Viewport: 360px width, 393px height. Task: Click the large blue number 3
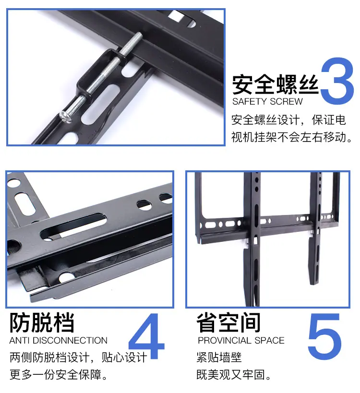click(x=337, y=81)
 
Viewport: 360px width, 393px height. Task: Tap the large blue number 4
click(x=146, y=336)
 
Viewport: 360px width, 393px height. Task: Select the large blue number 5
click(x=324, y=336)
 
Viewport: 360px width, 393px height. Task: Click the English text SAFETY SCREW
click(x=267, y=102)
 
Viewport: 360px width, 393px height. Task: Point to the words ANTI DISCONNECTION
click(x=59, y=340)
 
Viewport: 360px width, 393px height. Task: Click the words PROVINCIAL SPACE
click(x=241, y=340)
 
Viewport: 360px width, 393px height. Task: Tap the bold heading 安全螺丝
click(x=275, y=84)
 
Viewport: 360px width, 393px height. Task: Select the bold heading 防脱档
click(x=42, y=322)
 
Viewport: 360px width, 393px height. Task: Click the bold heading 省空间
click(x=228, y=322)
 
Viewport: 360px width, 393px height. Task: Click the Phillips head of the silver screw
click(x=66, y=117)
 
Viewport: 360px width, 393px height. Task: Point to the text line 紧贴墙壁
click(x=219, y=357)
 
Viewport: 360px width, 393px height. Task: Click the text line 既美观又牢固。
click(x=234, y=375)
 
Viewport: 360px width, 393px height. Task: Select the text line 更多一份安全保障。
click(x=59, y=375)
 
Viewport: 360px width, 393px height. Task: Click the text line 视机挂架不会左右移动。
click(x=291, y=137)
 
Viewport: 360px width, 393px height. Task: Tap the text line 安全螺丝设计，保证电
click(x=288, y=120)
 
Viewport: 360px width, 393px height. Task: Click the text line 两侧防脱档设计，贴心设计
click(x=78, y=357)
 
